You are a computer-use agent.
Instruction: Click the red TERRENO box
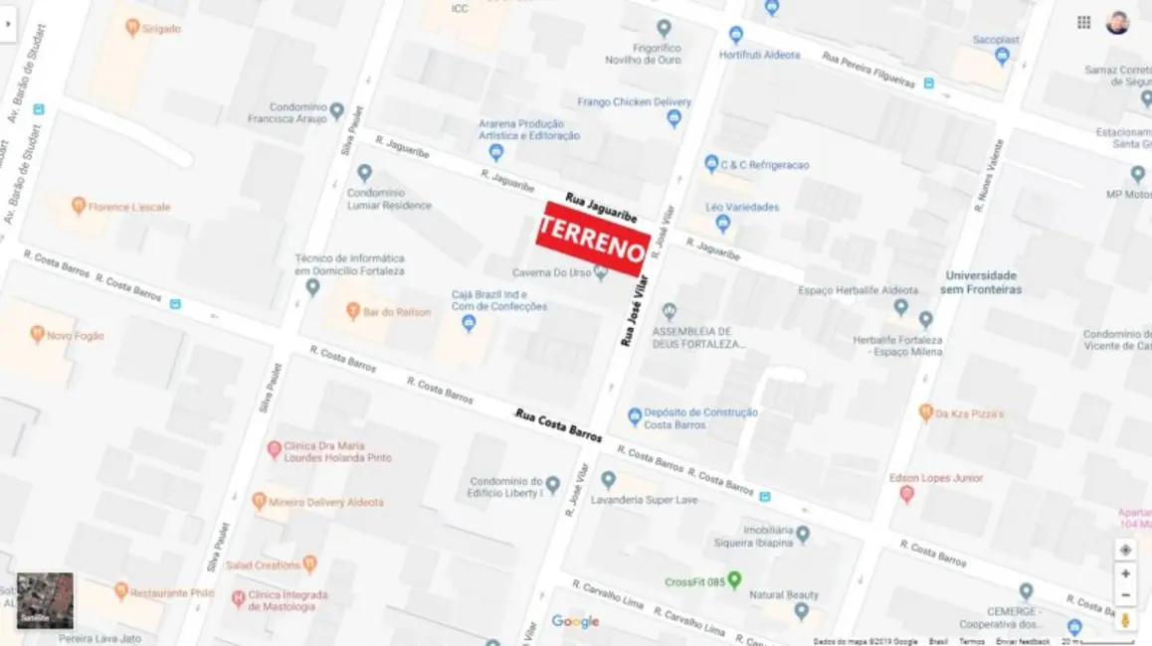click(x=593, y=240)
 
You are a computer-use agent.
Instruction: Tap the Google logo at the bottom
click(x=575, y=622)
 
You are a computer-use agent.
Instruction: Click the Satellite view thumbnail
click(x=45, y=600)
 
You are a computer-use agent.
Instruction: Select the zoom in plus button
click(x=1125, y=573)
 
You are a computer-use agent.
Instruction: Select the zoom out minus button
click(x=1125, y=595)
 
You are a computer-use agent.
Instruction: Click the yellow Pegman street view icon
click(x=1125, y=619)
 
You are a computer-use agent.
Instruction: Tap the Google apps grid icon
click(x=1083, y=23)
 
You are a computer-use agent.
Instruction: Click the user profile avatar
click(x=1117, y=23)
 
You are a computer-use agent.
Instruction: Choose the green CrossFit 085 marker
click(x=734, y=578)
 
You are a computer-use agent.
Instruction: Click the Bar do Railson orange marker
click(x=352, y=311)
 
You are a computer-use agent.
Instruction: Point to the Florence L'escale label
click(x=128, y=207)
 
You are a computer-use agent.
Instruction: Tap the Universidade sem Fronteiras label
click(x=981, y=282)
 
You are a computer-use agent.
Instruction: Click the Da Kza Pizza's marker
click(x=926, y=411)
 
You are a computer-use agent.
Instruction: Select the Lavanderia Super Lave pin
click(x=608, y=480)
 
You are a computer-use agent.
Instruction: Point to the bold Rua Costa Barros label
click(x=558, y=425)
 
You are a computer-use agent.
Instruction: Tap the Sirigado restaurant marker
click(x=132, y=28)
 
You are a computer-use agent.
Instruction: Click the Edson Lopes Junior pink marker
click(x=906, y=493)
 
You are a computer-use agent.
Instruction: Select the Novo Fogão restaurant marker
click(x=38, y=334)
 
